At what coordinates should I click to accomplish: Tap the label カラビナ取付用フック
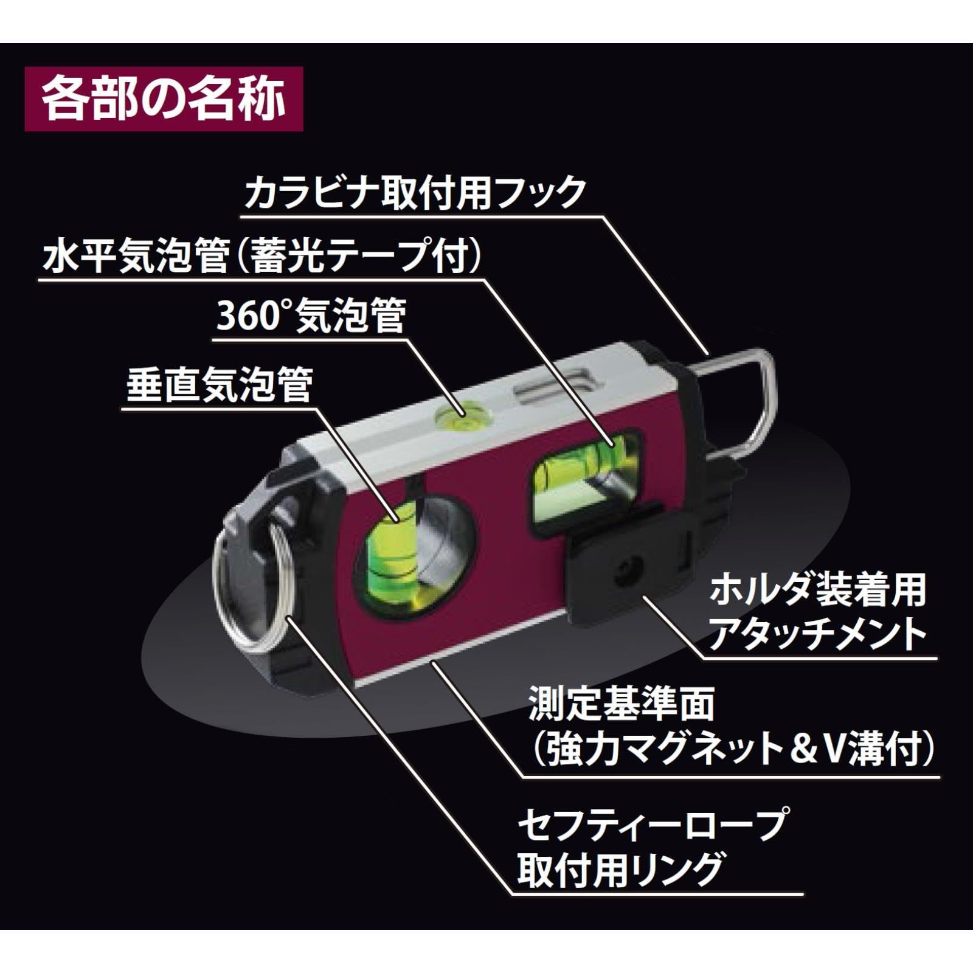click(x=415, y=192)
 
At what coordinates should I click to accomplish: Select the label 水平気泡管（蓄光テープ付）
click(x=262, y=258)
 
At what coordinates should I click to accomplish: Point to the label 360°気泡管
click(x=311, y=317)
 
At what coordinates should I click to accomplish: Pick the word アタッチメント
click(x=817, y=634)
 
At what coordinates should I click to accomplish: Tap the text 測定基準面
click(x=621, y=705)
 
